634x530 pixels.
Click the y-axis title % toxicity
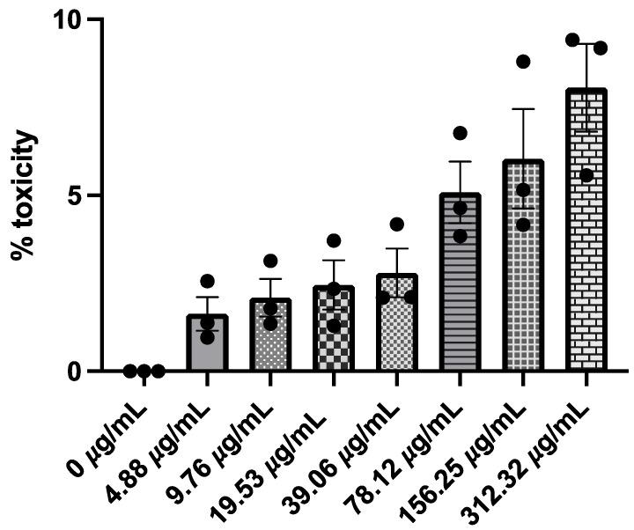25,195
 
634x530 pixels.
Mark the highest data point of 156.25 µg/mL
523,62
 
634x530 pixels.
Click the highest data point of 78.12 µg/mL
460,133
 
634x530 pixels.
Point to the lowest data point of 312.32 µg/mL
586,175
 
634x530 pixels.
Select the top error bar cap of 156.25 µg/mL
523,109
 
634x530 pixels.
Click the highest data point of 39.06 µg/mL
396,225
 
